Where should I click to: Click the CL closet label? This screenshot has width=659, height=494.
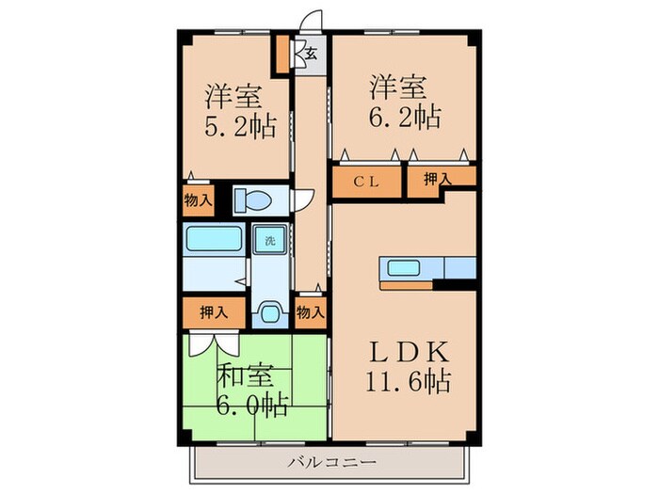click(367, 183)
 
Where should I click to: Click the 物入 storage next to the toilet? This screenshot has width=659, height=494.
click(198, 199)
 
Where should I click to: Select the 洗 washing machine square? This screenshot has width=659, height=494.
click(269, 239)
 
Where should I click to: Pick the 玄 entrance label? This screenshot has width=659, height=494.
click(310, 54)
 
